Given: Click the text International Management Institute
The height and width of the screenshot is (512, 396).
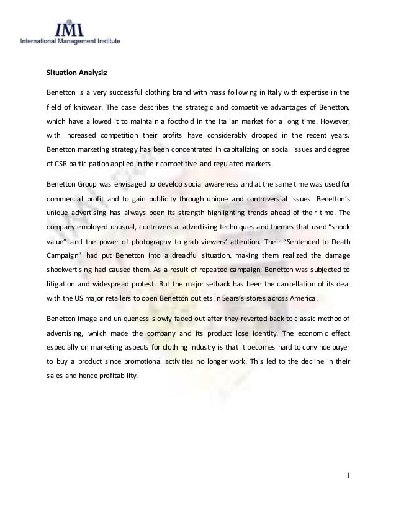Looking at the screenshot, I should click(71, 42).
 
